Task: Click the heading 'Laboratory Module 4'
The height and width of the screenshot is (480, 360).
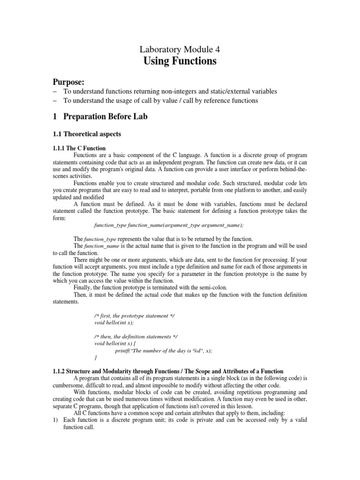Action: (180, 49)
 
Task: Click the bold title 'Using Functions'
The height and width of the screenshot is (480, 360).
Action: (180, 61)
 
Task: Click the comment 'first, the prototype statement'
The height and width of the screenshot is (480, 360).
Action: (134, 316)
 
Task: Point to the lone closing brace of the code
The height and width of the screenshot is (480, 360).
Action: (96, 358)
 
